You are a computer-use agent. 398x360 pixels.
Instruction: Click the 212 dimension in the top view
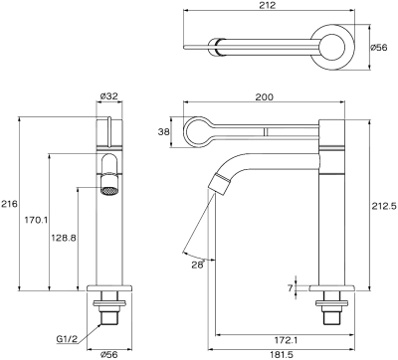coord(268,5)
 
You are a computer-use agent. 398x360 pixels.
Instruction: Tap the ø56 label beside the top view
coord(378,48)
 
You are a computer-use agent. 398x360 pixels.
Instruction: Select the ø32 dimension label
coord(109,96)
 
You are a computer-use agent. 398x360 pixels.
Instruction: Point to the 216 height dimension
coord(9,204)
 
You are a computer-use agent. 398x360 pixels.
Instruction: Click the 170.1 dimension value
coord(37,220)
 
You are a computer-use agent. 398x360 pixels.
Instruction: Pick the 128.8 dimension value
coord(64,238)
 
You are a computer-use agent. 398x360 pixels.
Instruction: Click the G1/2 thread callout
coord(67,339)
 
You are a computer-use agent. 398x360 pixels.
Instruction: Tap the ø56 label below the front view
coord(109,355)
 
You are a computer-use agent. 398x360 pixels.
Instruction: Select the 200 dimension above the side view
coord(265,96)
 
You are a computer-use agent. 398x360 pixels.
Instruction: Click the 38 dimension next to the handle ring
coord(163,132)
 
